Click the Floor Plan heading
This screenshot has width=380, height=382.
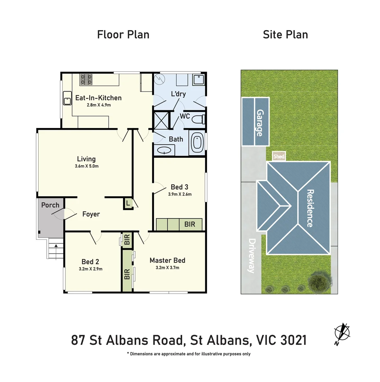coord(123,35)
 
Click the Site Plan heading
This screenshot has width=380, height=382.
coord(285,35)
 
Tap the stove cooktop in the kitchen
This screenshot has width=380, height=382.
coord(86,80)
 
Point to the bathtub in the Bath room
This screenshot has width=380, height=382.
coord(196,143)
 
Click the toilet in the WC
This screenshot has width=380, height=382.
coord(198,120)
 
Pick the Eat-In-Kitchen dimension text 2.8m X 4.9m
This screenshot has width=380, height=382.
coord(98,105)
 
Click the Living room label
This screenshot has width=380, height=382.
coord(86,159)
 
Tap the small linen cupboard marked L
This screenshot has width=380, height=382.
coord(128,204)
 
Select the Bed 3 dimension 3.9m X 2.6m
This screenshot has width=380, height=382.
coord(180,194)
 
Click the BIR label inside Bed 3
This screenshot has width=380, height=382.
coord(190,224)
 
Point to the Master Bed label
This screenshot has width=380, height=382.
coord(167,260)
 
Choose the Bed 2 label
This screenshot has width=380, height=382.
coord(90,262)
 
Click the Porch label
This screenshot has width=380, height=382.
coord(50,205)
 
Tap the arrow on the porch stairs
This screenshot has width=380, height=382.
coord(56,245)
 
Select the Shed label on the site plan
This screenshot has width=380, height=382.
coord(278,156)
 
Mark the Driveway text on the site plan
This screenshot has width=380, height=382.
coord(252,256)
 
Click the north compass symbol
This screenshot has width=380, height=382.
coord(342,332)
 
